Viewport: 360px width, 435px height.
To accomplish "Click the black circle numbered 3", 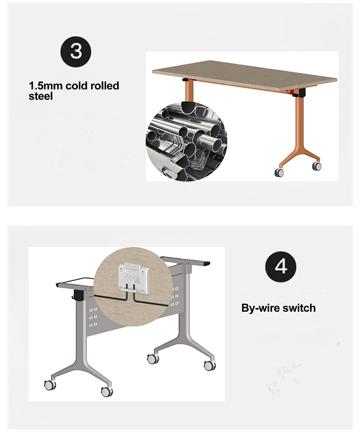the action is tap(76, 52).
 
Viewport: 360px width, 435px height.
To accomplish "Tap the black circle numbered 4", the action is tap(281, 266).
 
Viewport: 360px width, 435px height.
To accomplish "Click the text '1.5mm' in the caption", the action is tap(46, 85).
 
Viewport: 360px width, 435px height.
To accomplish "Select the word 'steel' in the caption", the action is tap(40, 96).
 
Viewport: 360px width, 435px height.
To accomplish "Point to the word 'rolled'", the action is tap(105, 85).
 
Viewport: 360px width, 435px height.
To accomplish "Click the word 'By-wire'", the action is tap(259, 308).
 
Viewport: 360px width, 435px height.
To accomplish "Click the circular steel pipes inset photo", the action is tap(186, 141).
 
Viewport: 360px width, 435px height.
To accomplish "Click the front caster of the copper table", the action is tap(279, 173).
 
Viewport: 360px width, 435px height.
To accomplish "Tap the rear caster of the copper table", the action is tap(316, 166).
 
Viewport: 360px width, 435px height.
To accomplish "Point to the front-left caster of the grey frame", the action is tap(50, 385).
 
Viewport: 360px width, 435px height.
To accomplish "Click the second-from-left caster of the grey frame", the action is tap(107, 391).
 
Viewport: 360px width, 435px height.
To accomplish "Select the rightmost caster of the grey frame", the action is tap(210, 365).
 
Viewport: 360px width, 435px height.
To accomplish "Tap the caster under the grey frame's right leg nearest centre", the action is tap(153, 359).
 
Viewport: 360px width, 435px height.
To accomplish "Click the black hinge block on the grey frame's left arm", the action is tap(79, 295).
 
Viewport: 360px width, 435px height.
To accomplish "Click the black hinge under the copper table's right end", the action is tap(299, 93).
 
